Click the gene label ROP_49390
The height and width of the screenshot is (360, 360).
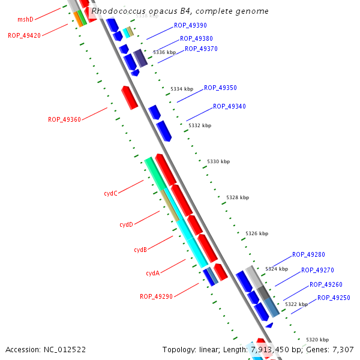click(190, 25)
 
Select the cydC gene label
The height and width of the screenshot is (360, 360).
click(110, 193)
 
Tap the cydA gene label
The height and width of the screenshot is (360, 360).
click(152, 273)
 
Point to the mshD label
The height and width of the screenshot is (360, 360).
click(25, 20)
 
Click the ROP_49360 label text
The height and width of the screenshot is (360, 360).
click(64, 119)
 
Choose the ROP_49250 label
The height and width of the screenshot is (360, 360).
click(334, 298)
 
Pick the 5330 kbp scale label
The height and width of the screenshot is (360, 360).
click(218, 161)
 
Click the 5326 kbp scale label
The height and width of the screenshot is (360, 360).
click(257, 233)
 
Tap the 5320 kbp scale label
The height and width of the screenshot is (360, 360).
click(317, 340)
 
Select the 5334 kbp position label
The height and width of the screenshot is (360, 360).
click(182, 89)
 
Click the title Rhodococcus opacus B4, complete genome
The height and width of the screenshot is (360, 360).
click(180, 11)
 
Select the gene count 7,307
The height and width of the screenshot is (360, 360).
click(343, 349)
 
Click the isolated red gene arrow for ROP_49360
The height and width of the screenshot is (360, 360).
click(130, 97)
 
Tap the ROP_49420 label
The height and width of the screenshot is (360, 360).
click(24, 35)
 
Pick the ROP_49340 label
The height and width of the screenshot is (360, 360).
click(229, 106)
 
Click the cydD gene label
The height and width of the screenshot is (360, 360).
click(126, 224)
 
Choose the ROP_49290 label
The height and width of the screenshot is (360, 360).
click(156, 296)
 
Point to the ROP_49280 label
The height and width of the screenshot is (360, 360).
click(308, 255)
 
